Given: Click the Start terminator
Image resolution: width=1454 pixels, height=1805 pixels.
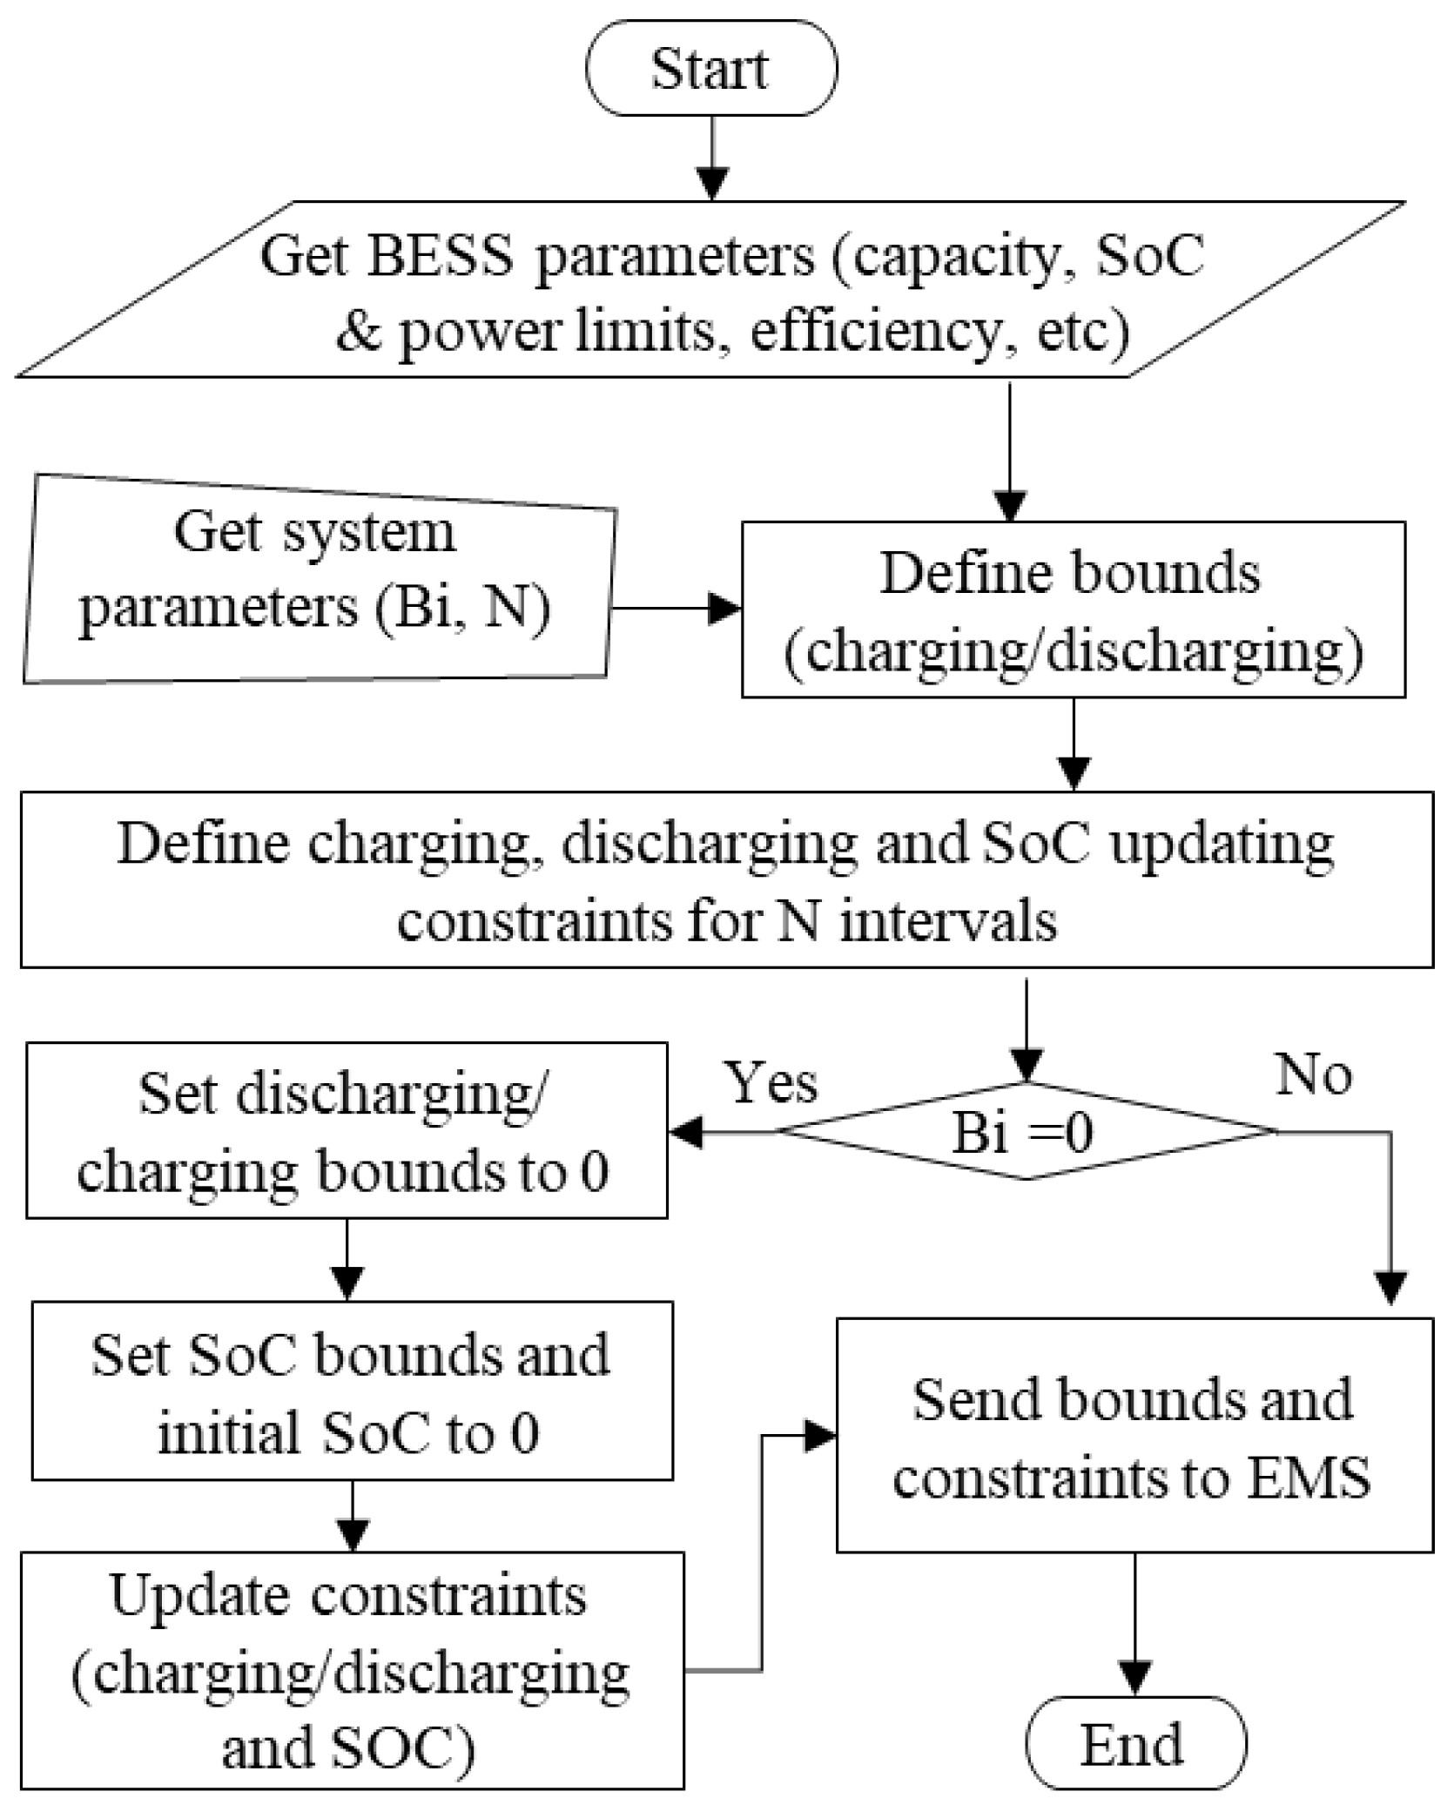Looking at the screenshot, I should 710,69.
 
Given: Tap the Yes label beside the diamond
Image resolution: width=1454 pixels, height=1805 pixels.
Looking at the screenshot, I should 772,1083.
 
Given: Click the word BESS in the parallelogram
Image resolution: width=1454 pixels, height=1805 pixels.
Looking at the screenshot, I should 439,256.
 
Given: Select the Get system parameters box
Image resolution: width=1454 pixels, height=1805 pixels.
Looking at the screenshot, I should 318,579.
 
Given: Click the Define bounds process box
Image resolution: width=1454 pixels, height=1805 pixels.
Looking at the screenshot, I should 1072,610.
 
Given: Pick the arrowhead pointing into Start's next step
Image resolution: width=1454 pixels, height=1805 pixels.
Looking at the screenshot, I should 713,185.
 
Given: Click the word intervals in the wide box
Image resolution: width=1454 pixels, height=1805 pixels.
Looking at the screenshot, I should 948,920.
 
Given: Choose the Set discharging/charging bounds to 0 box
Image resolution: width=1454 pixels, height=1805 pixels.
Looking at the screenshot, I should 347,1130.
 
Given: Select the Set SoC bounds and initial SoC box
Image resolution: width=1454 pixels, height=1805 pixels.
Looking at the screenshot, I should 352,1391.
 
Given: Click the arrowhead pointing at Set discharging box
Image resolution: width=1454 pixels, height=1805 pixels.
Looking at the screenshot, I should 687,1133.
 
